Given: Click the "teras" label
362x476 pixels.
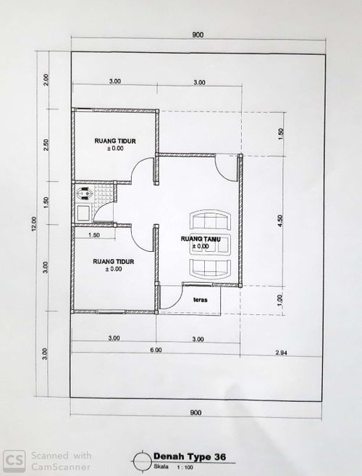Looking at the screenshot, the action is [201, 300].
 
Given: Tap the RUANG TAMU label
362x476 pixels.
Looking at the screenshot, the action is [201, 239].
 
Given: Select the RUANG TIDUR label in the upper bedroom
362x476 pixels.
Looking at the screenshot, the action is [115, 141].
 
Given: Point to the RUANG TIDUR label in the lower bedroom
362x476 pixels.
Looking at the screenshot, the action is [114, 261].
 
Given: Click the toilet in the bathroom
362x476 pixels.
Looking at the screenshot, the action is [85, 193].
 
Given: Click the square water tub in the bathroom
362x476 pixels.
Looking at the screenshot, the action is [83, 213].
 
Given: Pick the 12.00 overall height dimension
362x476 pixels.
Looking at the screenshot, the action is [34, 223].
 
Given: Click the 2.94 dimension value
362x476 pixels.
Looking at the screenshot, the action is [282, 353].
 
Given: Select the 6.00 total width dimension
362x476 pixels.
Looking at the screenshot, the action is [156, 350].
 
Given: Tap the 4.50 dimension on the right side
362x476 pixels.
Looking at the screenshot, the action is [280, 221].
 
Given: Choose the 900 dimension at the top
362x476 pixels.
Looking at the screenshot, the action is [198, 35].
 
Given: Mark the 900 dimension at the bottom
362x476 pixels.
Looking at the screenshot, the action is [195, 413].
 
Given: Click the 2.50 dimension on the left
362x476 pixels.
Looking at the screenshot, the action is [46, 145].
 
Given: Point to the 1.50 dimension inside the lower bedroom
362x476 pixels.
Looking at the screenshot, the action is [94, 235].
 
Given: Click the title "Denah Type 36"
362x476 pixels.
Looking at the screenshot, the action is [190, 456].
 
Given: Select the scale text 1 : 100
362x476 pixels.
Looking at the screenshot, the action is [185, 467].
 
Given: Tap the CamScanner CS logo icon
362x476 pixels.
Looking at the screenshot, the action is [14, 461].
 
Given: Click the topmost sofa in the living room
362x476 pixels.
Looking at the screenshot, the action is [210, 219].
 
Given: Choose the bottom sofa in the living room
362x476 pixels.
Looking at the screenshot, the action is [210, 269].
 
